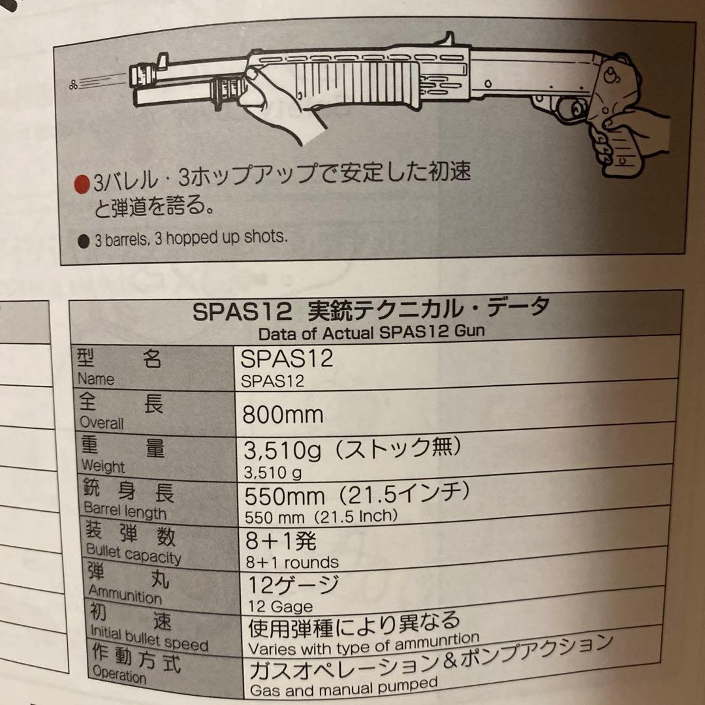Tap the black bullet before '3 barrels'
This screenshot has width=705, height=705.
pos(83,241)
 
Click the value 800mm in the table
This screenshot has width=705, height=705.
pos(283,415)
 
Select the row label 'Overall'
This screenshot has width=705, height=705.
pos(101,423)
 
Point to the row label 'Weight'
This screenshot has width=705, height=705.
pos(102,467)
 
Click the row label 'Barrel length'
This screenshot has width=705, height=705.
pos(125,512)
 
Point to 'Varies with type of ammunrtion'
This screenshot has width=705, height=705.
pos(364,645)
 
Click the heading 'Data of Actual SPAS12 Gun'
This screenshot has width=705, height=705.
pos(371,332)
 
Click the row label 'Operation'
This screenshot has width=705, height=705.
pos(119,674)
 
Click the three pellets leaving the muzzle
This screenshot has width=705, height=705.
pos(73,83)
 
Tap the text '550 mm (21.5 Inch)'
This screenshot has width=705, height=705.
pos(319,517)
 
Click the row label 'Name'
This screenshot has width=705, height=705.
pos(95,379)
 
